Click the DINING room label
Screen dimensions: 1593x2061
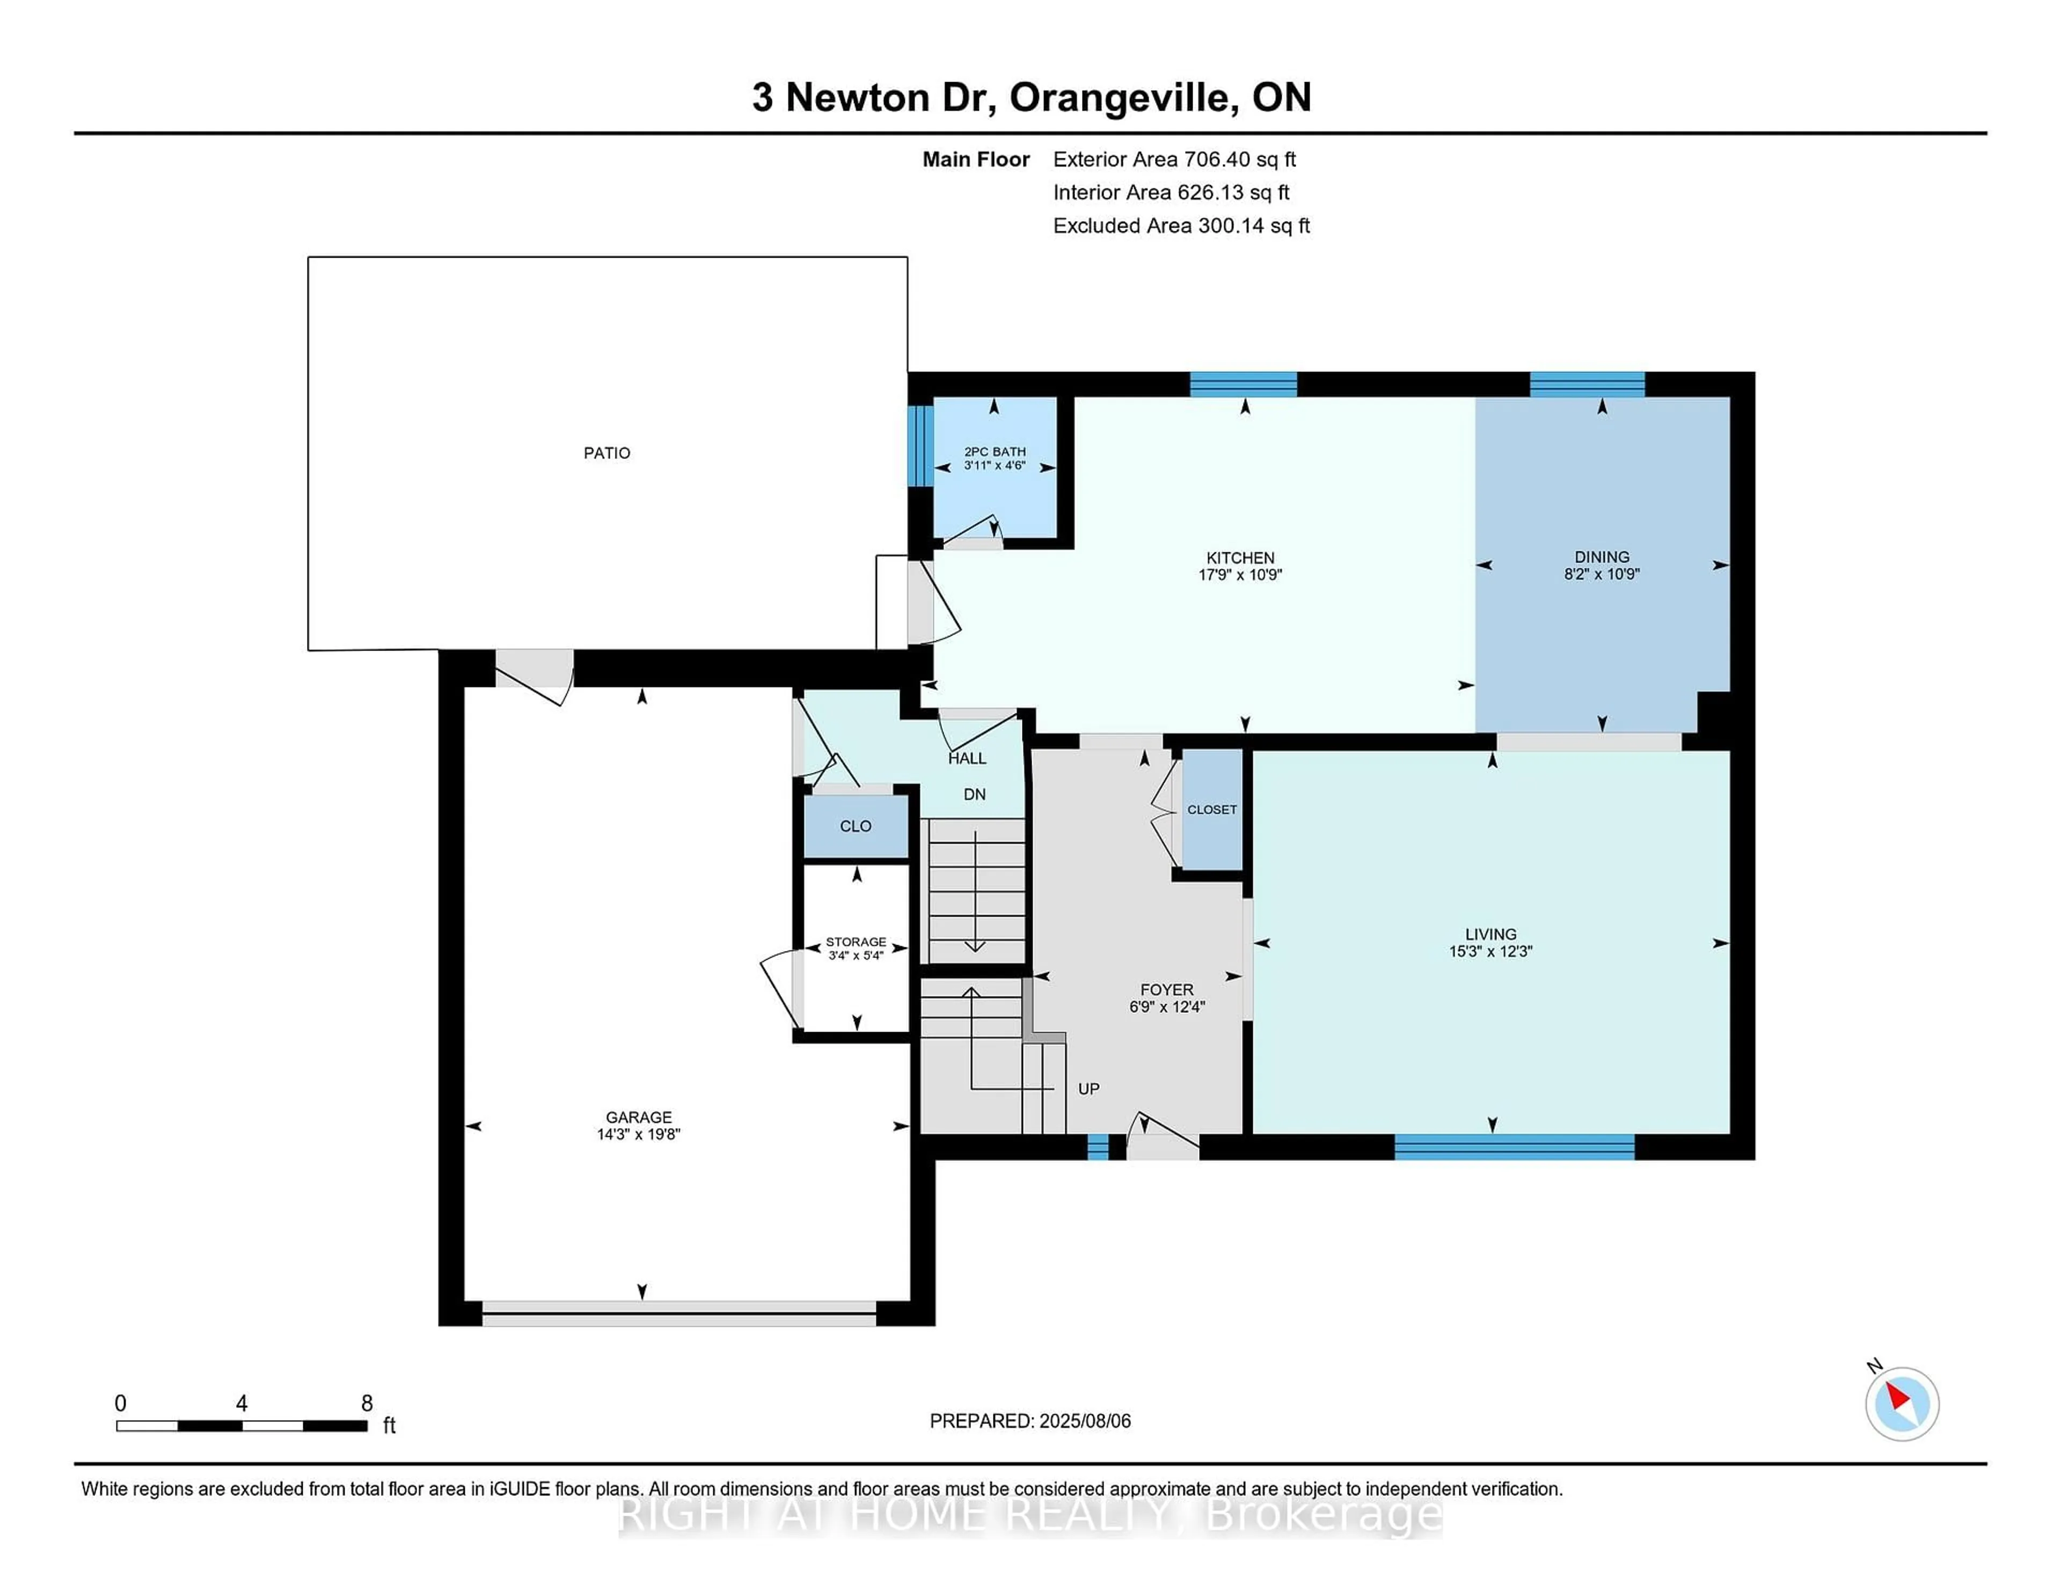coord(1602,557)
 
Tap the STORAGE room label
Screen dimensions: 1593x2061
coord(856,942)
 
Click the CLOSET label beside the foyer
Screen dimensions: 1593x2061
coord(1212,810)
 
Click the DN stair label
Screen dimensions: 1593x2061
coord(975,794)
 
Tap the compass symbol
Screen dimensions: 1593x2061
coord(1902,1404)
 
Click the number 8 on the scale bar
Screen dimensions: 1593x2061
coord(367,1404)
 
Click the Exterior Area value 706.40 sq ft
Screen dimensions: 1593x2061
coord(1240,159)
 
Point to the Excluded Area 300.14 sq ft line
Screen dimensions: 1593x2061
coord(1181,225)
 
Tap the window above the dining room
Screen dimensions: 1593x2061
coord(1587,384)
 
